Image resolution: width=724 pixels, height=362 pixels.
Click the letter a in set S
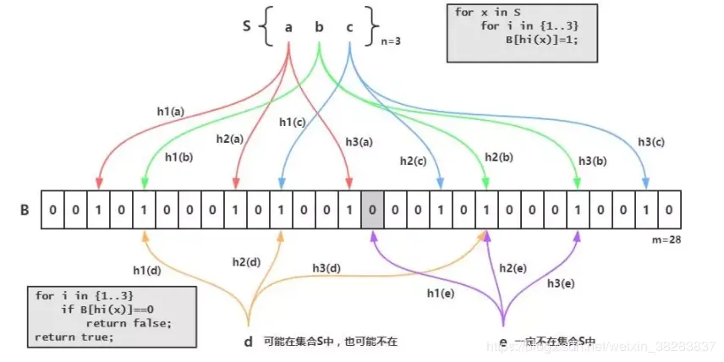pyautogui.click(x=289, y=27)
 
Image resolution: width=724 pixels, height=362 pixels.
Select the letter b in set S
pyautogui.click(x=319, y=27)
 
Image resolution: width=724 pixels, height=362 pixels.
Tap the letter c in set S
pyautogui.click(x=349, y=27)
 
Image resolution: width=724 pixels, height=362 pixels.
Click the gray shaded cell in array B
pyautogui.click(x=370, y=210)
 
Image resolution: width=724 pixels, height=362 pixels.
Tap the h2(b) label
pyautogui.click(x=501, y=157)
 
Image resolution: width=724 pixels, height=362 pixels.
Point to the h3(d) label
pyautogui.click(x=326, y=268)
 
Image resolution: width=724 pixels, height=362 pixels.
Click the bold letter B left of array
pyautogui.click(x=25, y=209)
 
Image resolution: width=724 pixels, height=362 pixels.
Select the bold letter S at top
pyautogui.click(x=246, y=26)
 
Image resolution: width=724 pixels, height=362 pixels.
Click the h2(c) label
pyautogui.click(x=414, y=160)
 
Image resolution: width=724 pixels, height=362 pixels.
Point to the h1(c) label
pyautogui.click(x=293, y=122)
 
